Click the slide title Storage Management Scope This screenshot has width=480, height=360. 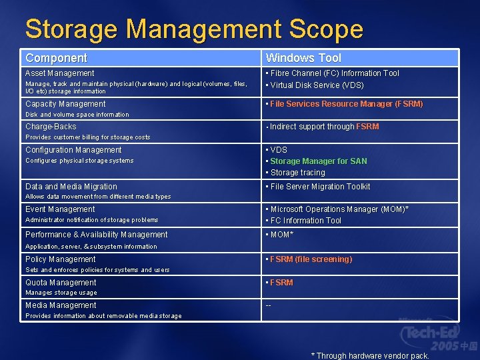pos(194,29)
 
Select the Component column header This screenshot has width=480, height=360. pos(56,58)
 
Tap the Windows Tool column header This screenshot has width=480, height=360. pos(303,58)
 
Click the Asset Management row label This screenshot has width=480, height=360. pos(60,73)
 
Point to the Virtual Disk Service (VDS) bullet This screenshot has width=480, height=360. pos(317,85)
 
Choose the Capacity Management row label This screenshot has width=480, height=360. pos(65,104)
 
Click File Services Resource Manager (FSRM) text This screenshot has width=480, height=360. pos(346,104)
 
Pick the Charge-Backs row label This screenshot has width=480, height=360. pos(51,127)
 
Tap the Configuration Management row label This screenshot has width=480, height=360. pos(73,150)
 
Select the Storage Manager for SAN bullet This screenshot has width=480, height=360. pos(318,161)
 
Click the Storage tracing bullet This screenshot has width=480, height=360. pos(297,173)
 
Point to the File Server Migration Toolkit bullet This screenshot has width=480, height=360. pos(320,187)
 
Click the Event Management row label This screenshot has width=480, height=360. pos(60,209)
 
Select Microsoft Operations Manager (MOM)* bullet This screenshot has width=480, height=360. pos(339,209)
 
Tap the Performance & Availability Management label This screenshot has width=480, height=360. pos(97,235)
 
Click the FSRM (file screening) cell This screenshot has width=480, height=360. pos(311,259)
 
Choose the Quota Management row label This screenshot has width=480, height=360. pos(61,283)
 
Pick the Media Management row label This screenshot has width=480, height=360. pos(61,305)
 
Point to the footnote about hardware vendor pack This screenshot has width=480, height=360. pos(370,355)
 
